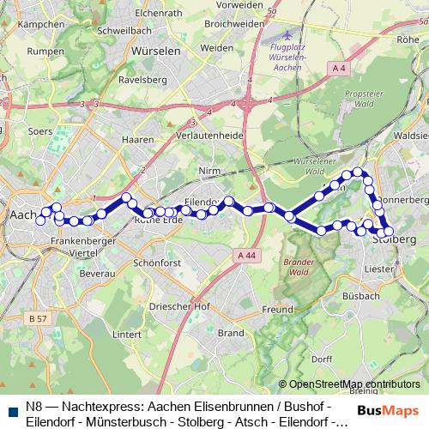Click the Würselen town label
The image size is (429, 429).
click(155, 51)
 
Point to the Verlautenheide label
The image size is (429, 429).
click(211, 136)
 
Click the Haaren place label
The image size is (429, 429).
click(137, 138)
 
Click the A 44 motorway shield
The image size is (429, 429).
click(247, 255)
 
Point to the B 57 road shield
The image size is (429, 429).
click(37, 318)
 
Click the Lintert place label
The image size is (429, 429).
click(126, 333)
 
